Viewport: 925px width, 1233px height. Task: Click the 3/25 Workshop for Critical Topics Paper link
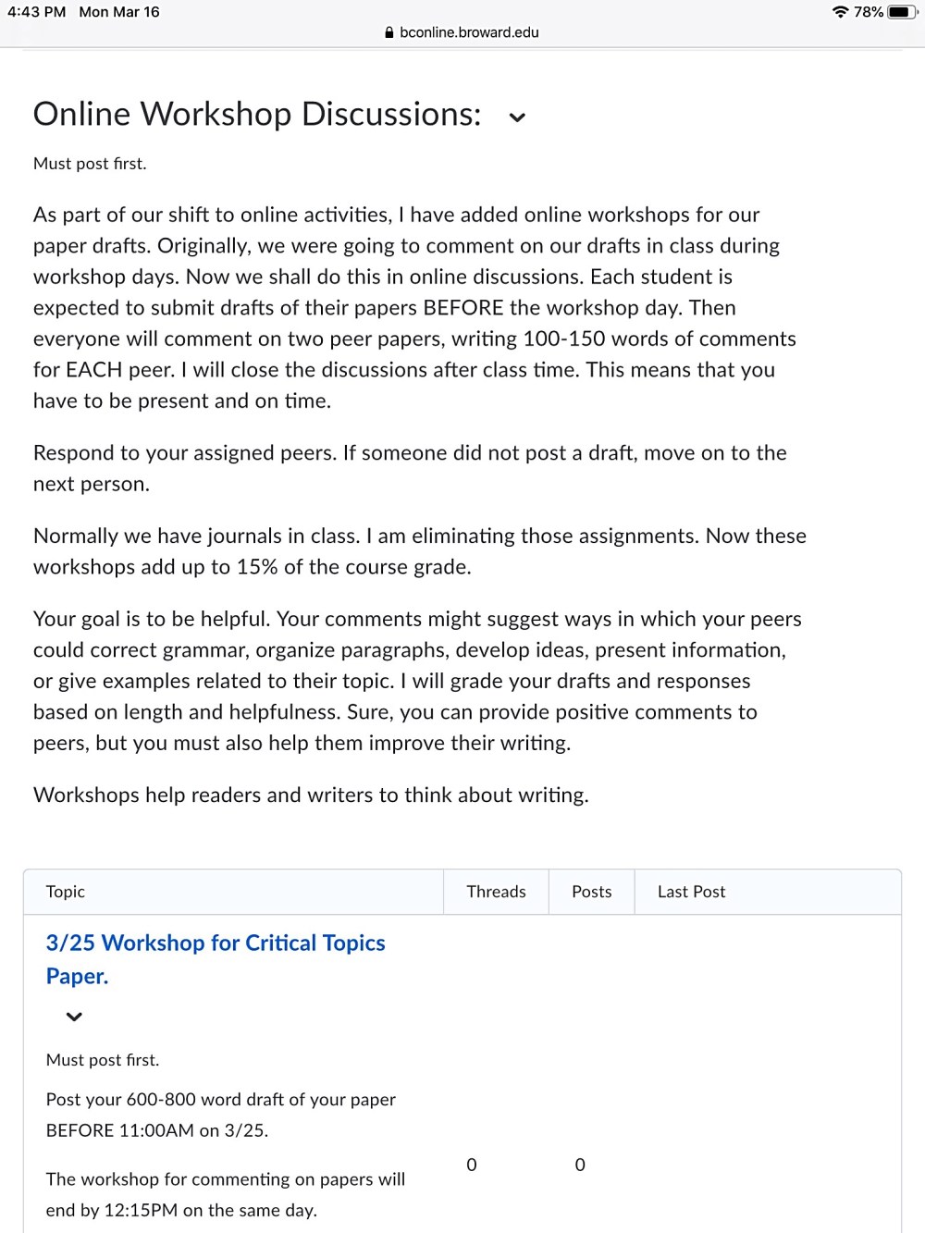(x=215, y=943)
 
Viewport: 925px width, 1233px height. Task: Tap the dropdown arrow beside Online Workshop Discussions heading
(x=517, y=117)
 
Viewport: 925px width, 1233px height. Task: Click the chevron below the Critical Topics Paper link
(x=75, y=1017)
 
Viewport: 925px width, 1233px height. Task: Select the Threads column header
(x=496, y=892)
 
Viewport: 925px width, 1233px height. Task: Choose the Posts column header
(x=591, y=892)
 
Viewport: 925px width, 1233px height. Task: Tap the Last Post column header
(x=691, y=892)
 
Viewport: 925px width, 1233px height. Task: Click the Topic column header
(x=66, y=892)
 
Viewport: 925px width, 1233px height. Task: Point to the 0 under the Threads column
(x=472, y=1165)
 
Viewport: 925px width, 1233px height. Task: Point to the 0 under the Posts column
(x=580, y=1165)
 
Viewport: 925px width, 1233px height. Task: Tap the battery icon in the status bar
(x=901, y=12)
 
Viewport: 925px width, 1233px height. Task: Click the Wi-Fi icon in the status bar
(x=840, y=12)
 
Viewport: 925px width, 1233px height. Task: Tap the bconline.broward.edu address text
(x=469, y=32)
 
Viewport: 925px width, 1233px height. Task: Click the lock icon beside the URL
(x=389, y=32)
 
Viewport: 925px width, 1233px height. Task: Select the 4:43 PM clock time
(x=37, y=12)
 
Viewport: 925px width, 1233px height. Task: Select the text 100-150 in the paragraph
(x=563, y=339)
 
